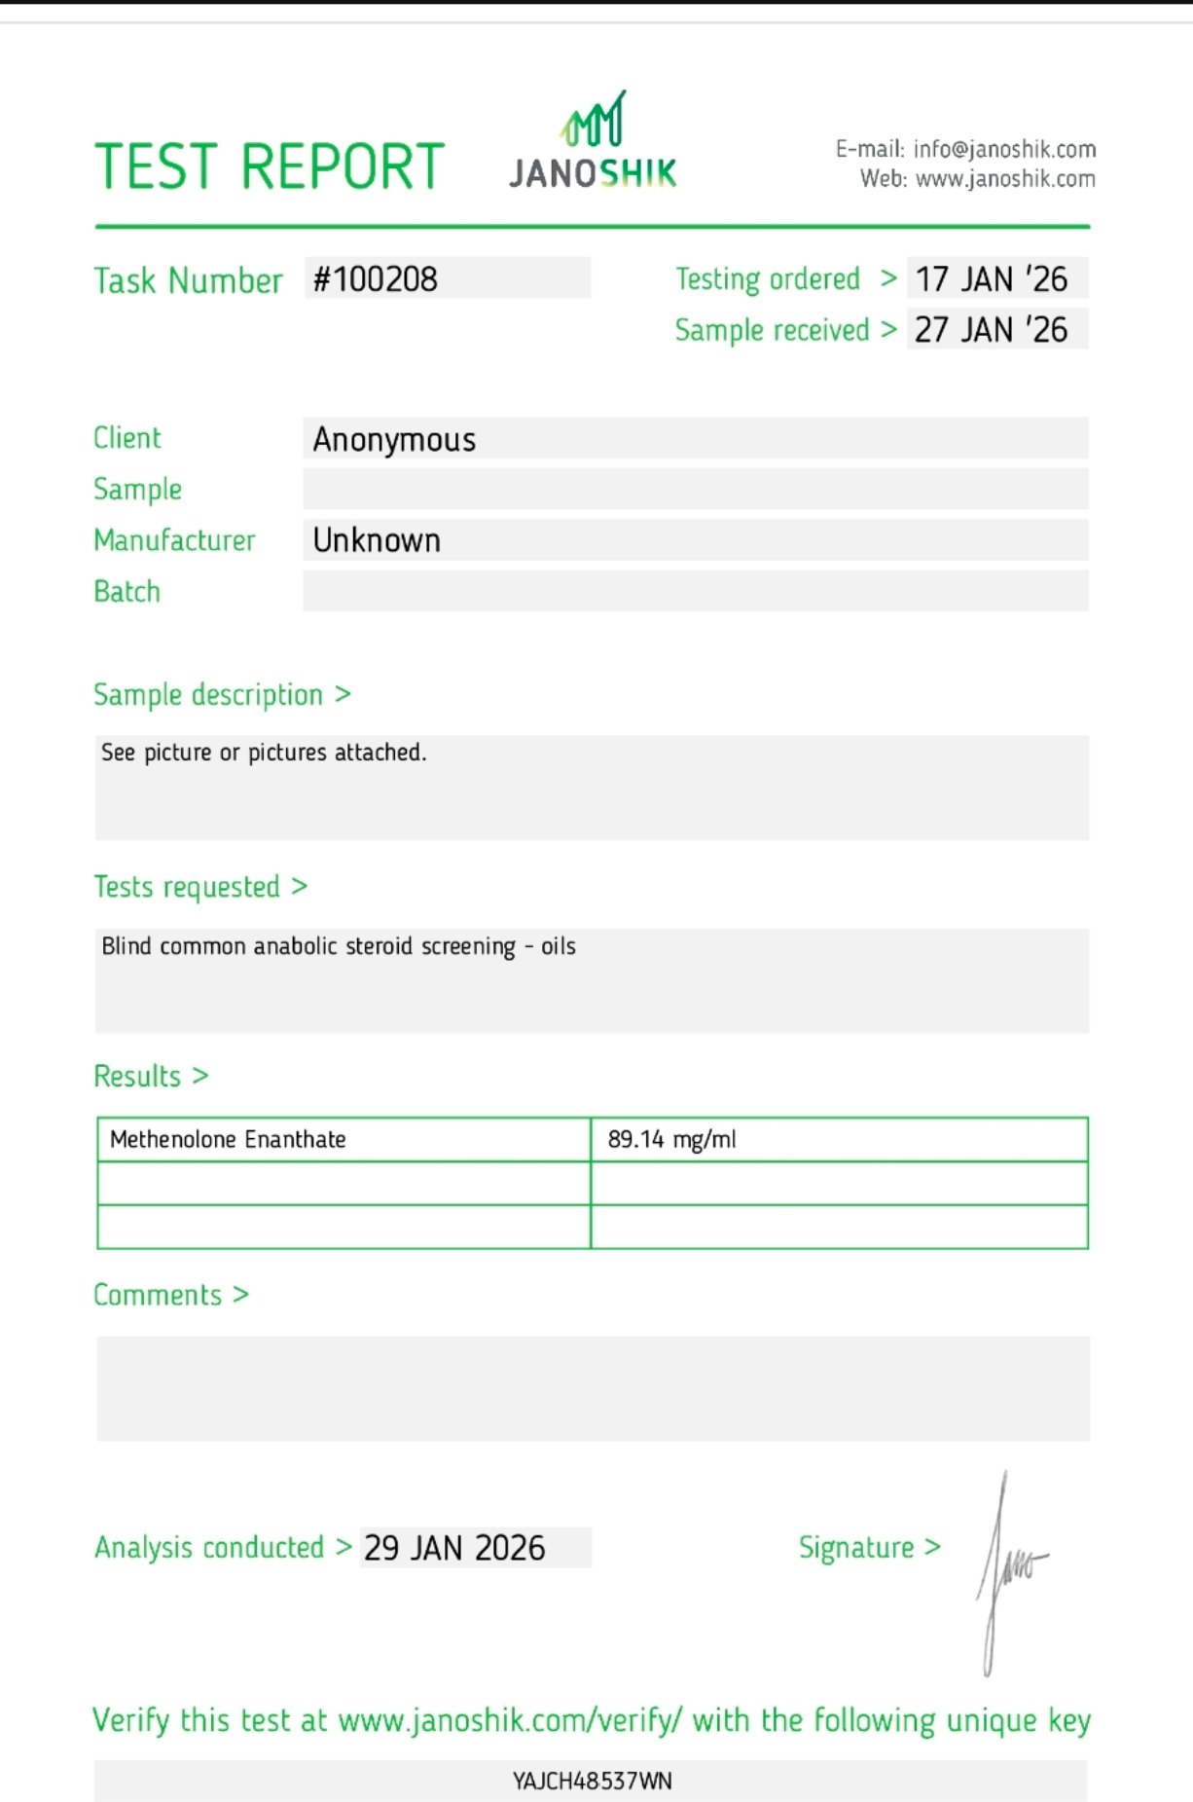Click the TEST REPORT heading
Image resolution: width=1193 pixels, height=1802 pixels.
click(x=269, y=165)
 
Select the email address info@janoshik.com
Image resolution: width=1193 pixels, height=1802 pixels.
click(x=1003, y=149)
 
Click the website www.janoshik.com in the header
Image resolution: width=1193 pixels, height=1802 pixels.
click(x=1004, y=179)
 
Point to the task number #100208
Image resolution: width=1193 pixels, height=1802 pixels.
click(x=376, y=279)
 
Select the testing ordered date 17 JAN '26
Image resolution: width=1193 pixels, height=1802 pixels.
click(x=991, y=279)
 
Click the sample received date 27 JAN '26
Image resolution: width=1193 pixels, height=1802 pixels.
click(x=991, y=330)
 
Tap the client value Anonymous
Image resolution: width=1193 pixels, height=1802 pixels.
click(x=394, y=440)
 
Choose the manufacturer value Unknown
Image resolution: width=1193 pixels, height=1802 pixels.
click(x=377, y=540)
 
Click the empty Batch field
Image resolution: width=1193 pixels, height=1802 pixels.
click(x=695, y=591)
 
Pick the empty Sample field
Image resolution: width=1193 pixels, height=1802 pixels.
click(x=695, y=489)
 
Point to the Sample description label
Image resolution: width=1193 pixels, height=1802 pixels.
click(x=208, y=695)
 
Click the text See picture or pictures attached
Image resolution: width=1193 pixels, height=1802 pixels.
click(x=264, y=753)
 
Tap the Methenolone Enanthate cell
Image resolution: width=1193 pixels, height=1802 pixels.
click(x=228, y=1139)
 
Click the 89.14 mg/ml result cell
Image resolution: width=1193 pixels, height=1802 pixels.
click(x=671, y=1139)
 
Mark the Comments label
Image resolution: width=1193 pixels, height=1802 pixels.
click(x=158, y=1295)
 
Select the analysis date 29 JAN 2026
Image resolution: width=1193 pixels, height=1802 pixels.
click(x=454, y=1548)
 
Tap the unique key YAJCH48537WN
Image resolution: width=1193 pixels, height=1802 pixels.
click(x=592, y=1781)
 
